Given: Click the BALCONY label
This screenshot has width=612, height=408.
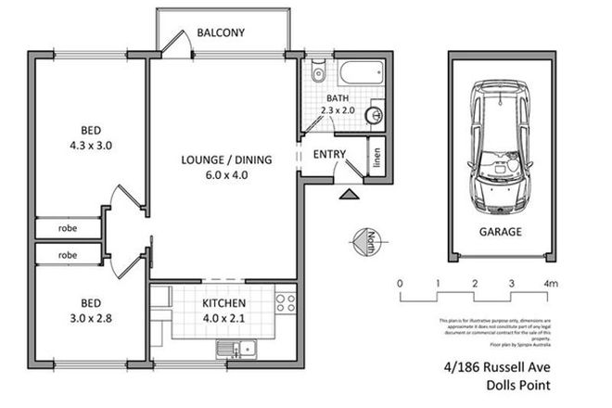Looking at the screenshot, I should [221, 33].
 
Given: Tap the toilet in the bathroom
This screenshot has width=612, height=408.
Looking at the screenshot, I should [317, 70].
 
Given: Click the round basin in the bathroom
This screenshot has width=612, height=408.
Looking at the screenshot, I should [375, 116].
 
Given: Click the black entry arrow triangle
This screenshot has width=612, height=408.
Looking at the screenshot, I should [349, 195].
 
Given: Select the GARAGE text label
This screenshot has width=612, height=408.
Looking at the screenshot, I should [500, 232].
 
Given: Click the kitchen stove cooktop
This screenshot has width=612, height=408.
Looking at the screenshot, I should [285, 302].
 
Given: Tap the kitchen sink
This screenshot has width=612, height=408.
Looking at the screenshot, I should [236, 350].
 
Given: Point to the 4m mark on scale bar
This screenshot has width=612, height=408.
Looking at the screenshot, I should [551, 283].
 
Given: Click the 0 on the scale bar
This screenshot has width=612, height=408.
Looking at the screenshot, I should [400, 283].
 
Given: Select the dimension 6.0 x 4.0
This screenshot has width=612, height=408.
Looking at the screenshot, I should [226, 176].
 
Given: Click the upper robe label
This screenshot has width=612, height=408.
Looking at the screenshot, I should [68, 227].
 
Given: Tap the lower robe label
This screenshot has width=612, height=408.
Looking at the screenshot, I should [68, 254].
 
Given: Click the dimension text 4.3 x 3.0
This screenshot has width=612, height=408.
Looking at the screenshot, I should [90, 147].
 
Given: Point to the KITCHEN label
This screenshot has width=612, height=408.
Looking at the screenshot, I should [225, 303].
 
